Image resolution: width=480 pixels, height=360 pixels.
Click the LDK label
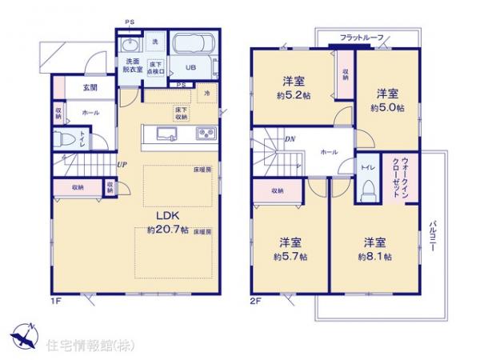166,216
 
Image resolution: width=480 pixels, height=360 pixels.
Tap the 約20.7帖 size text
167,230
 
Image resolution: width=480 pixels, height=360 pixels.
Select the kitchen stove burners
204,133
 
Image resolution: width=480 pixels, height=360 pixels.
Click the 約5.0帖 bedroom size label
387,107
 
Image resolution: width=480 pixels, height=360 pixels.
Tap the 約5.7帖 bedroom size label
290,257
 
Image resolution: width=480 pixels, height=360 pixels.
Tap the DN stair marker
289,139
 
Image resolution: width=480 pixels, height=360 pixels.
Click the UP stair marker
122,165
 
